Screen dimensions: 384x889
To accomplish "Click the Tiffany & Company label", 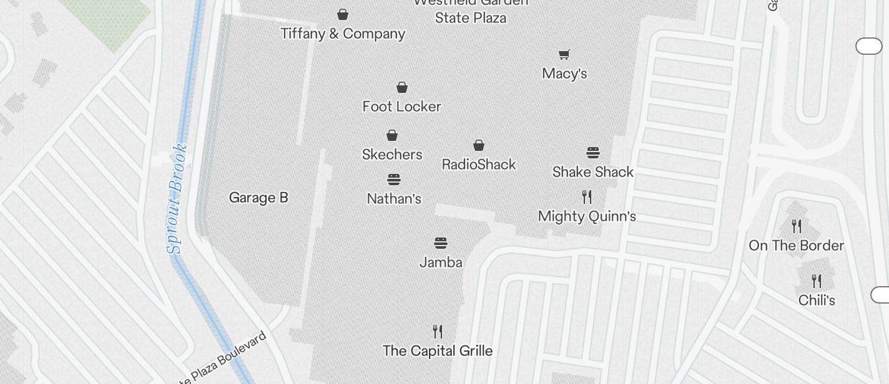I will (x=343, y=34).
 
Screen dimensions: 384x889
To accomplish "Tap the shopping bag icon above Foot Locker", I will (x=402, y=87).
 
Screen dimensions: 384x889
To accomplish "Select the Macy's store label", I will (x=564, y=74).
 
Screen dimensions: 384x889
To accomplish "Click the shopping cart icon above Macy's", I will (x=564, y=54).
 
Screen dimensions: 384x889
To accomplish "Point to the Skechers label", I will (x=392, y=155).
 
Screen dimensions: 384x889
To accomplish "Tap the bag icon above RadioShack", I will (x=479, y=145).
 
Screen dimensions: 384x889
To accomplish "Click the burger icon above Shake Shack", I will (x=593, y=153).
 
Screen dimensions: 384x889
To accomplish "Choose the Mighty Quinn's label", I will (x=587, y=216).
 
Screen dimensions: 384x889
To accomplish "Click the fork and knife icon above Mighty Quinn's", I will (x=587, y=197).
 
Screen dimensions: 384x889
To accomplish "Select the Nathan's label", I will (x=394, y=199).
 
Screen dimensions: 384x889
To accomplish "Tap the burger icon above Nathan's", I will (x=394, y=180).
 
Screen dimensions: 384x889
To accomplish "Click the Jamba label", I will (x=441, y=262).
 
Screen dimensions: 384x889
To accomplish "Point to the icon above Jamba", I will (x=441, y=242).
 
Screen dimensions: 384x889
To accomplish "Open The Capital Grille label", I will (x=438, y=351).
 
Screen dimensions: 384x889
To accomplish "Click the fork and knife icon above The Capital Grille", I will (x=438, y=331).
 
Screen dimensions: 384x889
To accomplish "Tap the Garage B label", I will (x=258, y=198).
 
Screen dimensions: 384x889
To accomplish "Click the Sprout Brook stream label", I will (x=177, y=198).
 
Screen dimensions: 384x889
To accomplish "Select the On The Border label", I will (x=796, y=246).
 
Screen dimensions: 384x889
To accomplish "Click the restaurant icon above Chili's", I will (x=817, y=281).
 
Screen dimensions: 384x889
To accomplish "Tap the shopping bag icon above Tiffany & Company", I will (x=343, y=14).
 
